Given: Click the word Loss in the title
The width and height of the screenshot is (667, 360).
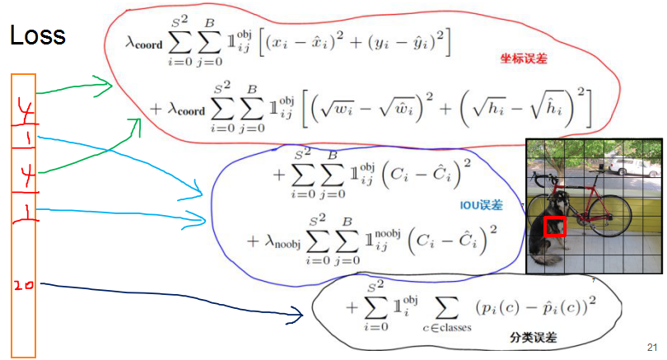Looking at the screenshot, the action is [37, 35].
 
